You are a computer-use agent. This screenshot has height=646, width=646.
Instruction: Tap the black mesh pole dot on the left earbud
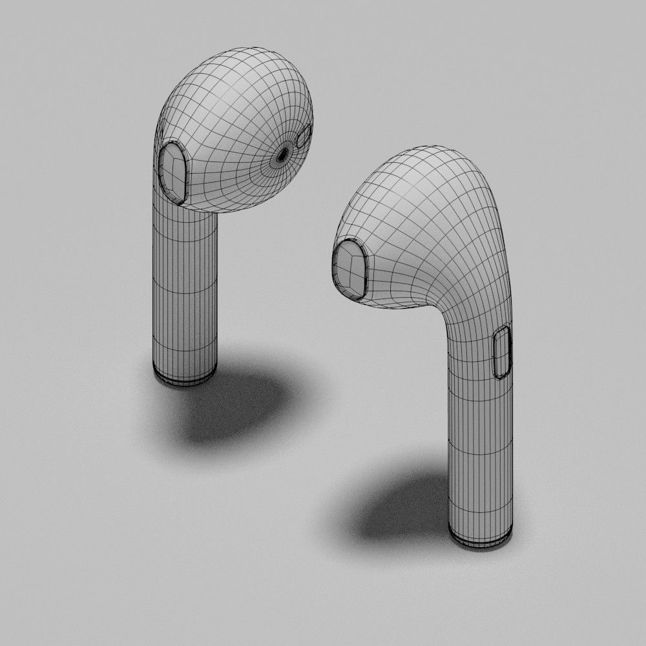tap(282, 154)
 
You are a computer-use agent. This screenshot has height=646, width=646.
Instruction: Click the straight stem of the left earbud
tap(185, 291)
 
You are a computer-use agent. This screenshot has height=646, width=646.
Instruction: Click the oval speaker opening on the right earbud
tap(350, 269)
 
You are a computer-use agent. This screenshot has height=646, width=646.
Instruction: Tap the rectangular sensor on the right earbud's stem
tap(502, 352)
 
